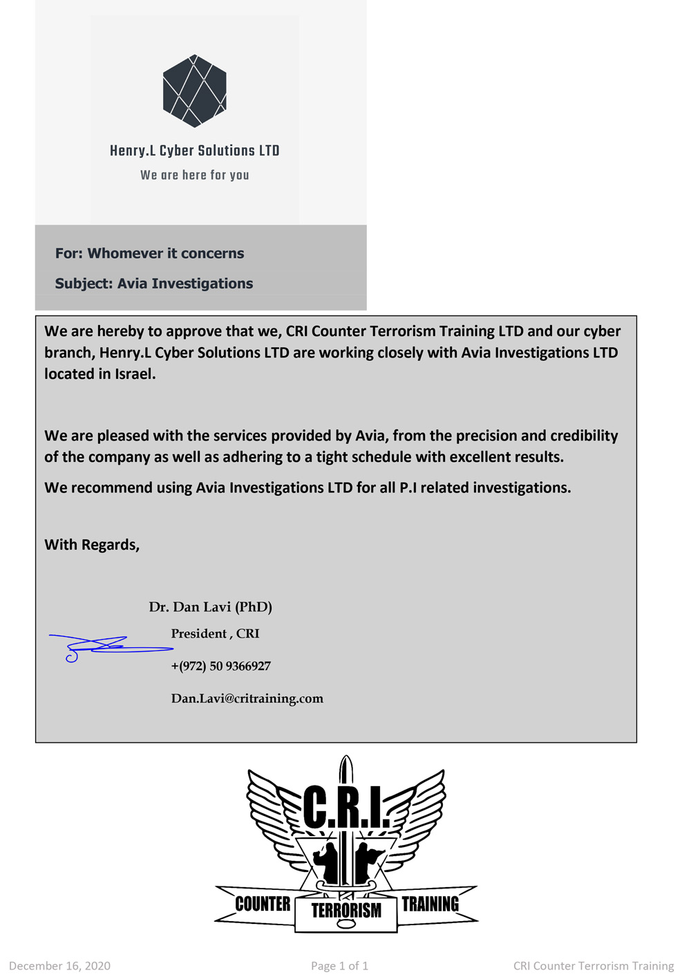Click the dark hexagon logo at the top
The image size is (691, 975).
(x=194, y=91)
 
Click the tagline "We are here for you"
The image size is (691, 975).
(x=194, y=175)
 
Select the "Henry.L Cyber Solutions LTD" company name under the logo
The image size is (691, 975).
(x=194, y=151)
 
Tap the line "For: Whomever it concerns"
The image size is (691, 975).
(x=149, y=253)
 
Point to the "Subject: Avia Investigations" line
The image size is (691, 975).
(x=153, y=284)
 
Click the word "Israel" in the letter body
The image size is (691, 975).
(x=134, y=374)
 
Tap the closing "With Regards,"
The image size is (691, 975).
(x=92, y=545)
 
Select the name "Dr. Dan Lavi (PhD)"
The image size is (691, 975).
(x=210, y=607)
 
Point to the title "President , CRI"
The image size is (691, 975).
(x=215, y=633)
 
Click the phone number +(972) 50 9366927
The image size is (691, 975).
(x=220, y=666)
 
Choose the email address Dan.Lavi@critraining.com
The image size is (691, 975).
(x=247, y=698)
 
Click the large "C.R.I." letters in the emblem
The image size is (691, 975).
(x=346, y=806)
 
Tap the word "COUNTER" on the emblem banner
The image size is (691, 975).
(x=263, y=904)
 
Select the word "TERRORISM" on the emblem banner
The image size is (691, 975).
(x=346, y=911)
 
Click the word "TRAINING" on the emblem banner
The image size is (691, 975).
(x=430, y=904)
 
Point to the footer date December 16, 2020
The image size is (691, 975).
(x=59, y=966)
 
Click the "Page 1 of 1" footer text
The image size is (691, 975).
(x=339, y=966)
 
